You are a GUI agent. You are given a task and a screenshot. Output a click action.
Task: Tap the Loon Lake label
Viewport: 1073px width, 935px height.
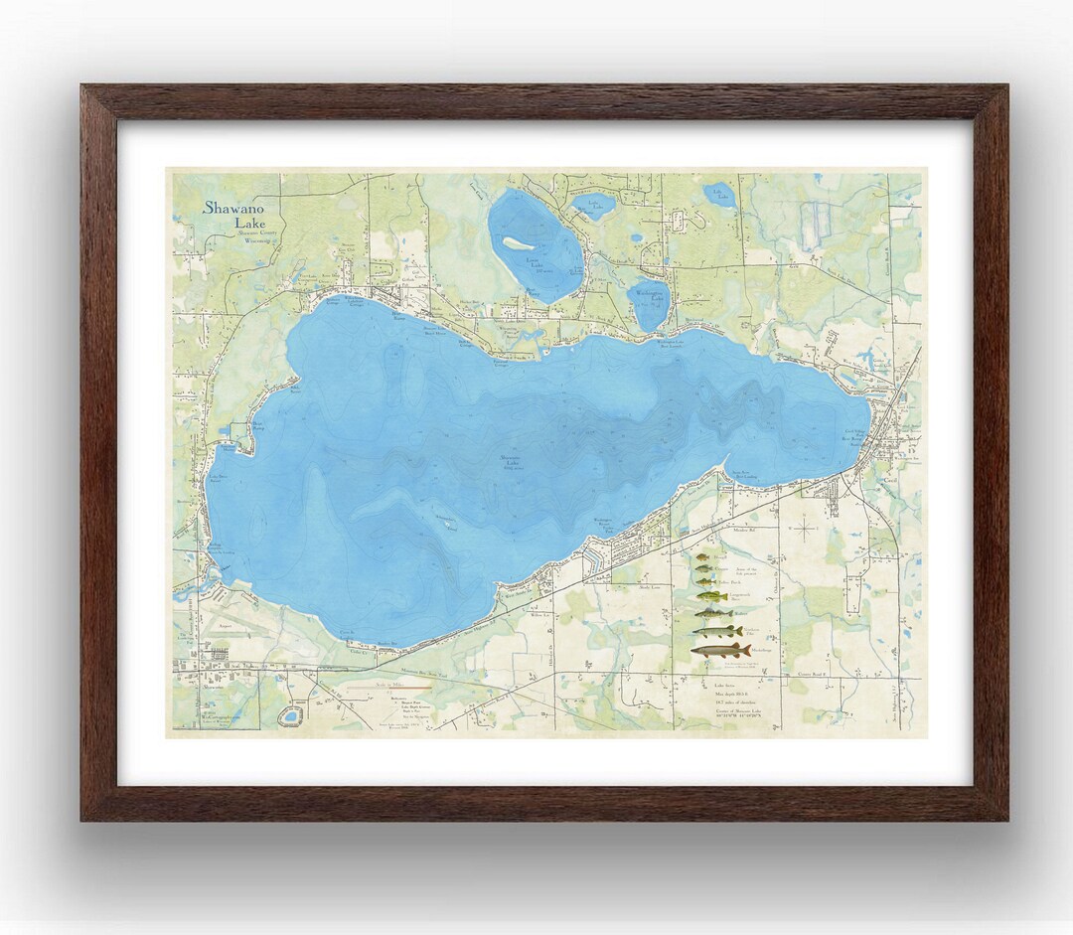click(538, 262)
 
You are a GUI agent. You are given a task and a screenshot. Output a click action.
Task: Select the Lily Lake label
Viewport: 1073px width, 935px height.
click(718, 194)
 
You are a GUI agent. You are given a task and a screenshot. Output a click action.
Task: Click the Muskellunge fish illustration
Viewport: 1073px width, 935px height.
click(720, 650)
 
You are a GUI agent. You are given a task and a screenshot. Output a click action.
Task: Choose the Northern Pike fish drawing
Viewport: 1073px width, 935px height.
click(717, 631)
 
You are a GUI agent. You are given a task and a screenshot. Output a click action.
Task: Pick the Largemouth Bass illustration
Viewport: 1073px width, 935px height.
click(711, 596)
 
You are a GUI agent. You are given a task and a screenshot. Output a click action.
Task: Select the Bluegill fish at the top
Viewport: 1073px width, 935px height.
click(702, 558)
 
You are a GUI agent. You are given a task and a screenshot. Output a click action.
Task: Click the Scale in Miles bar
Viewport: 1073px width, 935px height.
click(375, 686)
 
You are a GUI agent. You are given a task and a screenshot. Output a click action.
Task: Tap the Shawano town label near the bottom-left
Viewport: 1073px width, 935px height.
click(215, 686)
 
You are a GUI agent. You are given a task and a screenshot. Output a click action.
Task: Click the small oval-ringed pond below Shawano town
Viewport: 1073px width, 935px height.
click(291, 714)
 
